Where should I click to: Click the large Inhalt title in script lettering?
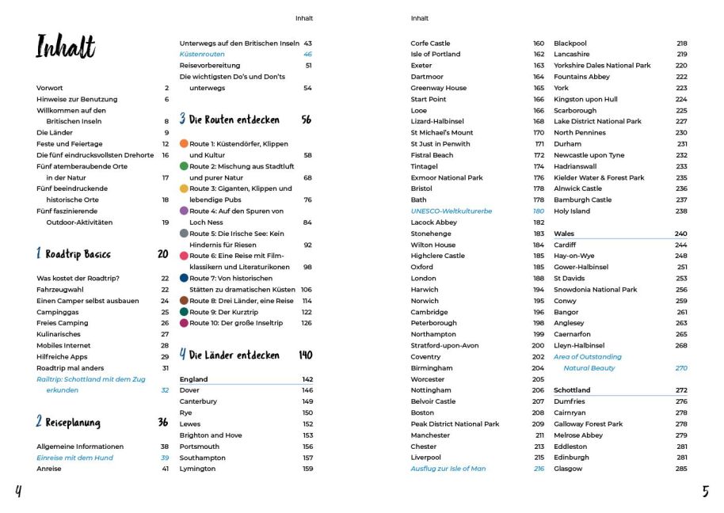[x=66, y=47]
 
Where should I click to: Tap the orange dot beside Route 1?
[x=184, y=144]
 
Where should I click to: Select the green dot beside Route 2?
[x=184, y=166]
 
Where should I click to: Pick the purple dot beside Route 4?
[x=184, y=211]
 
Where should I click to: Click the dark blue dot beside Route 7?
[x=184, y=279]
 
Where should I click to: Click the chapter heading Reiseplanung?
[x=72, y=423]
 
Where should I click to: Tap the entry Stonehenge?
[x=432, y=234]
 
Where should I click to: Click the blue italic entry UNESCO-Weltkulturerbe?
[x=451, y=211]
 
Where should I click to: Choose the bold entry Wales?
[x=564, y=234]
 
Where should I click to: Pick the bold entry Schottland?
[x=572, y=390]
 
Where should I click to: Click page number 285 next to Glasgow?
[x=681, y=469]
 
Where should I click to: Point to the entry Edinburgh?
[x=571, y=458]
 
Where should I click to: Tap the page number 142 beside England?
[x=307, y=379]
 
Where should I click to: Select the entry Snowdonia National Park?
[x=595, y=290]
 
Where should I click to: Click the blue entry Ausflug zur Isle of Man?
[x=448, y=469]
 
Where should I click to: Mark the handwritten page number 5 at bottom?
[x=705, y=492]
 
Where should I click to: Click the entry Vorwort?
[x=50, y=88]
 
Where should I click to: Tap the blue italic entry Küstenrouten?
[x=202, y=54]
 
